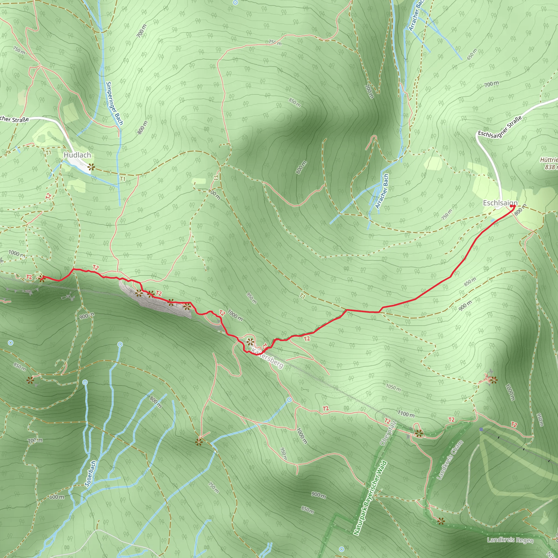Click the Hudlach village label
tap(77, 155)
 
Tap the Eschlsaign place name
tap(500, 203)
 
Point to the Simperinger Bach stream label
tap(115, 103)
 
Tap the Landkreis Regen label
tap(510, 540)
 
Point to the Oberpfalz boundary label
tap(389, 433)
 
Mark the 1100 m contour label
tap(406, 414)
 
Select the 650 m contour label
tap(472, 54)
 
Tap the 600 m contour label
tap(57, 497)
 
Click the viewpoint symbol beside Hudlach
tap(91, 167)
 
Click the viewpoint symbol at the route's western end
tap(42, 278)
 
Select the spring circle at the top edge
tap(235, 3)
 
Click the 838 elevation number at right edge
tap(550, 167)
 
